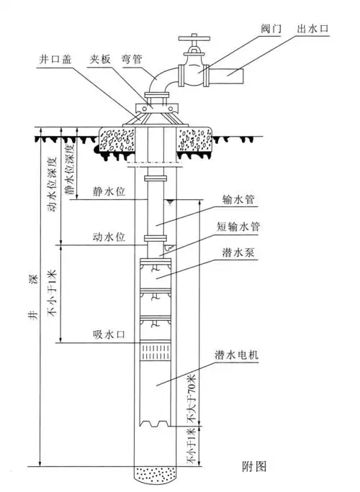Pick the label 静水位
point(107,192)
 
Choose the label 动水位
point(107,235)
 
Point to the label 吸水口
point(107,334)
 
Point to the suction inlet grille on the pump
point(156,352)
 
